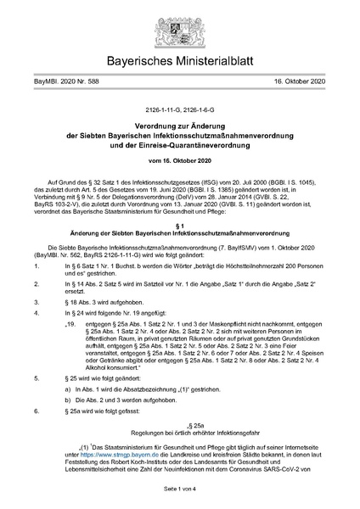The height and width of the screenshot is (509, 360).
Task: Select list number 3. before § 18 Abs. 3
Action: [33, 300]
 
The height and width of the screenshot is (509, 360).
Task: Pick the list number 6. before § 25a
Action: [33, 411]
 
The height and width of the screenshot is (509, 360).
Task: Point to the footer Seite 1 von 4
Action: [179, 490]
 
